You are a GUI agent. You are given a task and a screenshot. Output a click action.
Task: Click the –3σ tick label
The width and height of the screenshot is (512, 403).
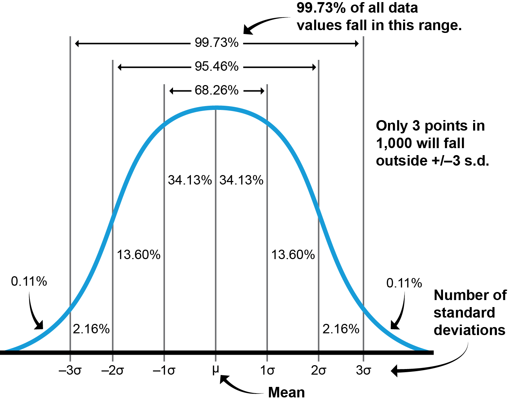tap(70, 370)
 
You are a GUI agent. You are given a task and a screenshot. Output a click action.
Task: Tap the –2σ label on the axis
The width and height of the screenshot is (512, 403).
tap(112, 370)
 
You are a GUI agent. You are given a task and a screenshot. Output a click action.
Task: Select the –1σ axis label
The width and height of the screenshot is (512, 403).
tap(164, 370)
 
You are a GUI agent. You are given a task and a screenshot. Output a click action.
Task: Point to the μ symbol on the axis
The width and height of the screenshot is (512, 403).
tap(215, 370)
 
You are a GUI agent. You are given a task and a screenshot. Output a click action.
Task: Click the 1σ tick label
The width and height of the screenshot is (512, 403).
tap(268, 370)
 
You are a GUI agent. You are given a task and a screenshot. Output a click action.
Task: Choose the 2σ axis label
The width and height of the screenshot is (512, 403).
tap(318, 370)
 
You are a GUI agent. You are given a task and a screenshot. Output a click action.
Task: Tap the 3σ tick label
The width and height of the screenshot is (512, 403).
tap(364, 370)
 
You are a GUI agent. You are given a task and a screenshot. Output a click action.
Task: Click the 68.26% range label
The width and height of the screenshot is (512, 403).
tap(216, 90)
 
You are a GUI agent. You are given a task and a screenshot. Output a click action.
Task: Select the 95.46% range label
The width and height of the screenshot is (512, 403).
tap(216, 66)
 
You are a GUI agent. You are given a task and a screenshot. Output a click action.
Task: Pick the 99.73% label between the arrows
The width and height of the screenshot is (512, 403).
tap(216, 43)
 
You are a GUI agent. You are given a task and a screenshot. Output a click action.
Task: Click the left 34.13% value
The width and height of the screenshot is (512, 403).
tap(190, 180)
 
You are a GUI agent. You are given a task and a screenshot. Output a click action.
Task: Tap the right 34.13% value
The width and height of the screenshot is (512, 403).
tap(241, 180)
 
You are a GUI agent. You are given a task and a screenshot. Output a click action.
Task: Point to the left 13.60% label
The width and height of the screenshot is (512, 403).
tap(139, 255)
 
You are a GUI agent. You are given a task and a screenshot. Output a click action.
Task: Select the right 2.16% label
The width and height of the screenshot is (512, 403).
tap(341, 329)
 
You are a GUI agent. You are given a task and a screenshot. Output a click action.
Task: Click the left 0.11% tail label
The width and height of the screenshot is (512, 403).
tap(29, 281)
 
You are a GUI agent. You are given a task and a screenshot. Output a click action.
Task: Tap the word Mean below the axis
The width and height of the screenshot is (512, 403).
tap(286, 392)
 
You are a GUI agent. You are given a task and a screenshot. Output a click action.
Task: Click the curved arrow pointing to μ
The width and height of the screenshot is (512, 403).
tap(238, 387)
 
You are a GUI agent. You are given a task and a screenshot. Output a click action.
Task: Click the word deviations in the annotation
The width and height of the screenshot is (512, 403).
tap(469, 330)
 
